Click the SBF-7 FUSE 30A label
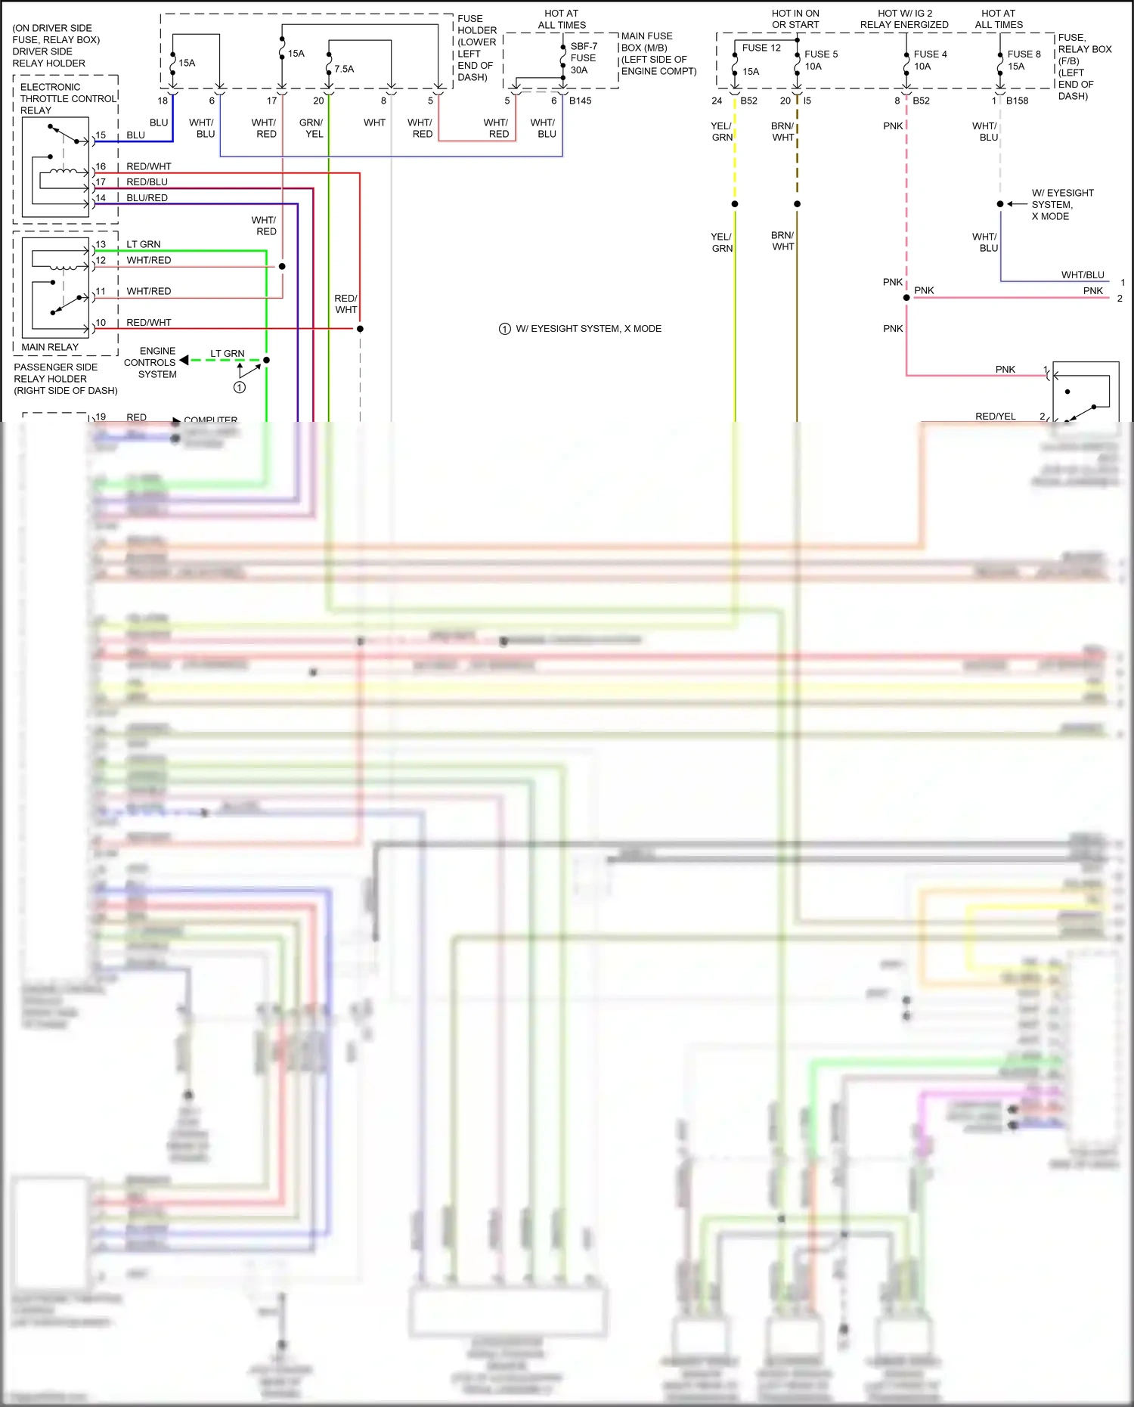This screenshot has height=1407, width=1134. (x=583, y=58)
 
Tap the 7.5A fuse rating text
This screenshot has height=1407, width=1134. (x=344, y=69)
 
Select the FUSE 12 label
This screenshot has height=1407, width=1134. (x=761, y=48)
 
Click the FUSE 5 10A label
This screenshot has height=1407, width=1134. (x=820, y=60)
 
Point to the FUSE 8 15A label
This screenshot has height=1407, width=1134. (x=1023, y=60)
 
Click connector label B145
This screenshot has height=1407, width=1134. (x=580, y=101)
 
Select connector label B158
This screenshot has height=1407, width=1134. (x=1017, y=101)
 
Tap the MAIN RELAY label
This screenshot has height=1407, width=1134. (x=50, y=347)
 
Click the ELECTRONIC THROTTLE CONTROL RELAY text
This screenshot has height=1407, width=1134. (x=68, y=98)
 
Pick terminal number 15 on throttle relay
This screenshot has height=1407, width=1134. (x=101, y=135)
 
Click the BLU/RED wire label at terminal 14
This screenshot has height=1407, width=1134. (x=147, y=198)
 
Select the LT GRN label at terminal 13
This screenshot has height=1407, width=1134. (x=143, y=244)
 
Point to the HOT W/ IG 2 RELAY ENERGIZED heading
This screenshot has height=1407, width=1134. (x=904, y=19)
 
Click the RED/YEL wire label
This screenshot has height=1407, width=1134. (x=995, y=417)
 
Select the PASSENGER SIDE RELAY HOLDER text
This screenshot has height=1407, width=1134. (x=65, y=379)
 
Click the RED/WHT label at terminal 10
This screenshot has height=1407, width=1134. (x=148, y=323)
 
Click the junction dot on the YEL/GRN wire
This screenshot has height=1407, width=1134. (x=735, y=204)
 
